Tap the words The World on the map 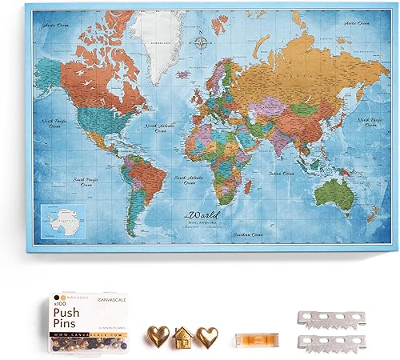pos(201,215)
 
